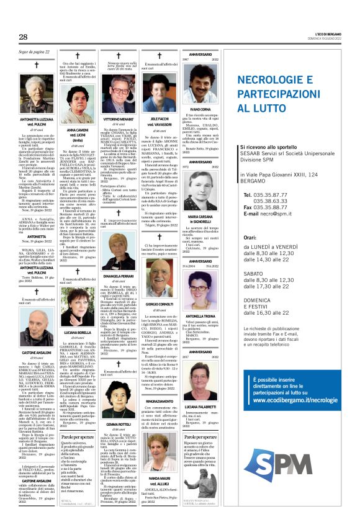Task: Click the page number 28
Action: click(23, 37)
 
